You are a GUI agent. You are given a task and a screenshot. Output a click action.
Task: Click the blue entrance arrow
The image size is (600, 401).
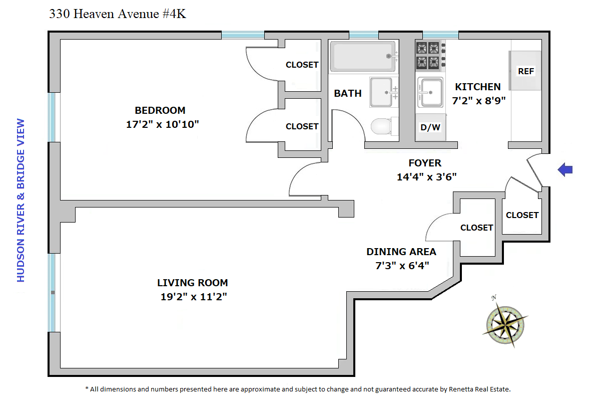coord(565,169)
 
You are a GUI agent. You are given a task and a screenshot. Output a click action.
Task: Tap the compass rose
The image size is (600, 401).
coord(505,324)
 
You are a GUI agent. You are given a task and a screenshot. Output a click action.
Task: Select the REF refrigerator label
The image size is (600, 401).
coord(526,71)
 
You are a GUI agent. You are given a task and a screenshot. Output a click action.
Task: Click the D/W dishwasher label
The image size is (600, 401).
coord(430,127)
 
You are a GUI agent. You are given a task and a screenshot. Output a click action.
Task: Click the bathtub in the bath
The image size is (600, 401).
coord(363,56)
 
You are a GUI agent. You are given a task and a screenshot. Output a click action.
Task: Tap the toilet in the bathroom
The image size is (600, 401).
coord(381,126)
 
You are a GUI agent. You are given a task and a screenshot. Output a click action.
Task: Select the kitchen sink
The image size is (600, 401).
coord(430,93)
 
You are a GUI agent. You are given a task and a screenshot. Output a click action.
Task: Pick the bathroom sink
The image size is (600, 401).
coord(383,92)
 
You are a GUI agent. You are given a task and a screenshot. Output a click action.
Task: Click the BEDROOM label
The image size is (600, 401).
coord(160,110)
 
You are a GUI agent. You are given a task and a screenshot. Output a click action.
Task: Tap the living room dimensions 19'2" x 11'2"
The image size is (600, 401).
coord(194,297)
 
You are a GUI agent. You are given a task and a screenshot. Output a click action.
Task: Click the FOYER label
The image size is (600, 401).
coord(425,163)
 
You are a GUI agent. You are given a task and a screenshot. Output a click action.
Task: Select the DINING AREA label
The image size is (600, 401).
coord(401,252)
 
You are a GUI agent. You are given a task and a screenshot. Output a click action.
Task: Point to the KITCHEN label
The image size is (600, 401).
coord(477,87)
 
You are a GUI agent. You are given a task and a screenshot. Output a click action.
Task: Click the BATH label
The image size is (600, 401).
coord(347,93)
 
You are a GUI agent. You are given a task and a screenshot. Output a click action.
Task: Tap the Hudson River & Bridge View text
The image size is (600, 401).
coord(21,200)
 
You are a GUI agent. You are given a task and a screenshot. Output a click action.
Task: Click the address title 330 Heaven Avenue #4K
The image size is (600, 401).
coord(118,14)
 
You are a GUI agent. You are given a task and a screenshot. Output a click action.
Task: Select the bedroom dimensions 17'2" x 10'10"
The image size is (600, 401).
coord(163,124)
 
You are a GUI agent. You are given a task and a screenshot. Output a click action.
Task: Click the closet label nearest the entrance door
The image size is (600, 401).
coord(522,215)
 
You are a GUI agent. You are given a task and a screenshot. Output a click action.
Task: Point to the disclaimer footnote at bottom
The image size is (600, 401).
coord(298,389)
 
